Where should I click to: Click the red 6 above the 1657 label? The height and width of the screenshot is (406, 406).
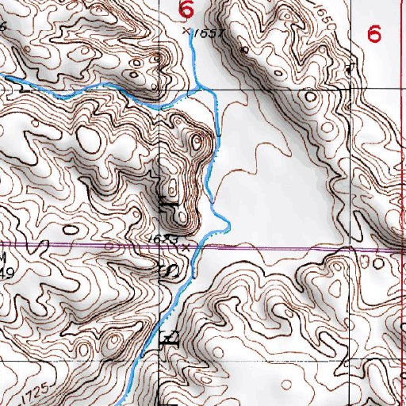pyautogui.click(x=187, y=10)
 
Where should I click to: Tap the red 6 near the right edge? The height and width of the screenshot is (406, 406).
pyautogui.click(x=374, y=33)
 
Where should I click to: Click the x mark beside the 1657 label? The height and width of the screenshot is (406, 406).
pyautogui.click(x=186, y=32)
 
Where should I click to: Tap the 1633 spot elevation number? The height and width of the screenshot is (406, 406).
pyautogui.click(x=161, y=238)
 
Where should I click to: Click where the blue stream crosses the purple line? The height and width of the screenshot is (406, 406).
pyautogui.click(x=199, y=247)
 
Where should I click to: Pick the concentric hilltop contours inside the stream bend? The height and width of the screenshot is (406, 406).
pyautogui.click(x=195, y=143)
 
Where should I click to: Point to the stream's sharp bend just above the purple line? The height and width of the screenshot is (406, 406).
pyautogui.click(x=226, y=228)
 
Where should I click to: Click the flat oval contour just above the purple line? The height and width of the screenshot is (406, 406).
pyautogui.click(x=71, y=231)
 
